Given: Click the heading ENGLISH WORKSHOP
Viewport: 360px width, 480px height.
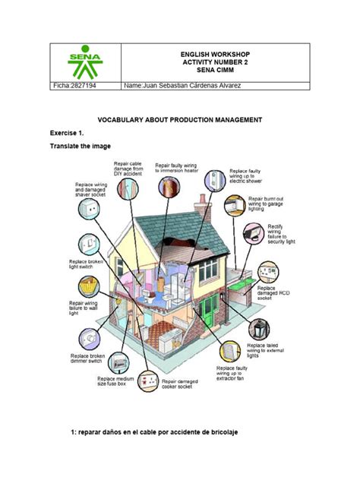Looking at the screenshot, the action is tap(214, 55).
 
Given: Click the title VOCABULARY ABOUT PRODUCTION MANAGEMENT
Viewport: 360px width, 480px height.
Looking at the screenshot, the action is tap(180, 120).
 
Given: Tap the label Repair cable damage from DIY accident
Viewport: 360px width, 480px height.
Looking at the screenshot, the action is tap(128, 169).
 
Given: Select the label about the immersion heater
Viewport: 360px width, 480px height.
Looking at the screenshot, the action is tap(182, 169).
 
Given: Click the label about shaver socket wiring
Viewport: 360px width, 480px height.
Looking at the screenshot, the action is tap(90, 190).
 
